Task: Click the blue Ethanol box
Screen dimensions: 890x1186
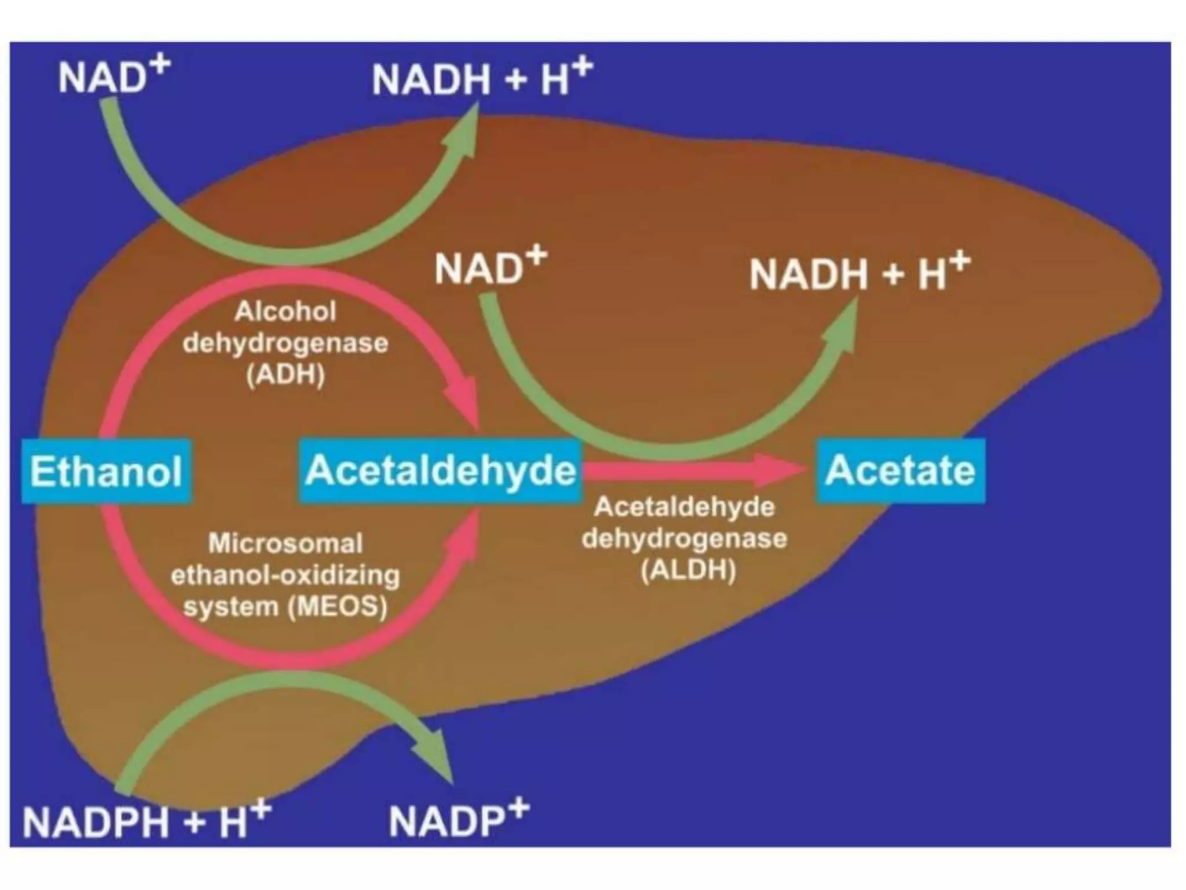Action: [107, 470]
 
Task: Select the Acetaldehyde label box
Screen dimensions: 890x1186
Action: [440, 470]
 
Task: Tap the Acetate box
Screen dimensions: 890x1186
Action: [900, 470]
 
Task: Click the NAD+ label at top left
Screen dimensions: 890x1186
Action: [113, 76]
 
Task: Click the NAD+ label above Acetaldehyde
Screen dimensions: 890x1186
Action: [490, 268]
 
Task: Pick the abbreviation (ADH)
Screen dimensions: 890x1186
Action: [285, 375]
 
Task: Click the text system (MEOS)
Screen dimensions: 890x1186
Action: [285, 607]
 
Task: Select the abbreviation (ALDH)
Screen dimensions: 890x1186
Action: [688, 570]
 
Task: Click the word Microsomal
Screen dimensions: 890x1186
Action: [285, 544]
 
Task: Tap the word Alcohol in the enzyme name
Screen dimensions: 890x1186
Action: [285, 312]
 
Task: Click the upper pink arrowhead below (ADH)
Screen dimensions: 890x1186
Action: [463, 400]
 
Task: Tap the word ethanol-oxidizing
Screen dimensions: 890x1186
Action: [285, 575]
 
